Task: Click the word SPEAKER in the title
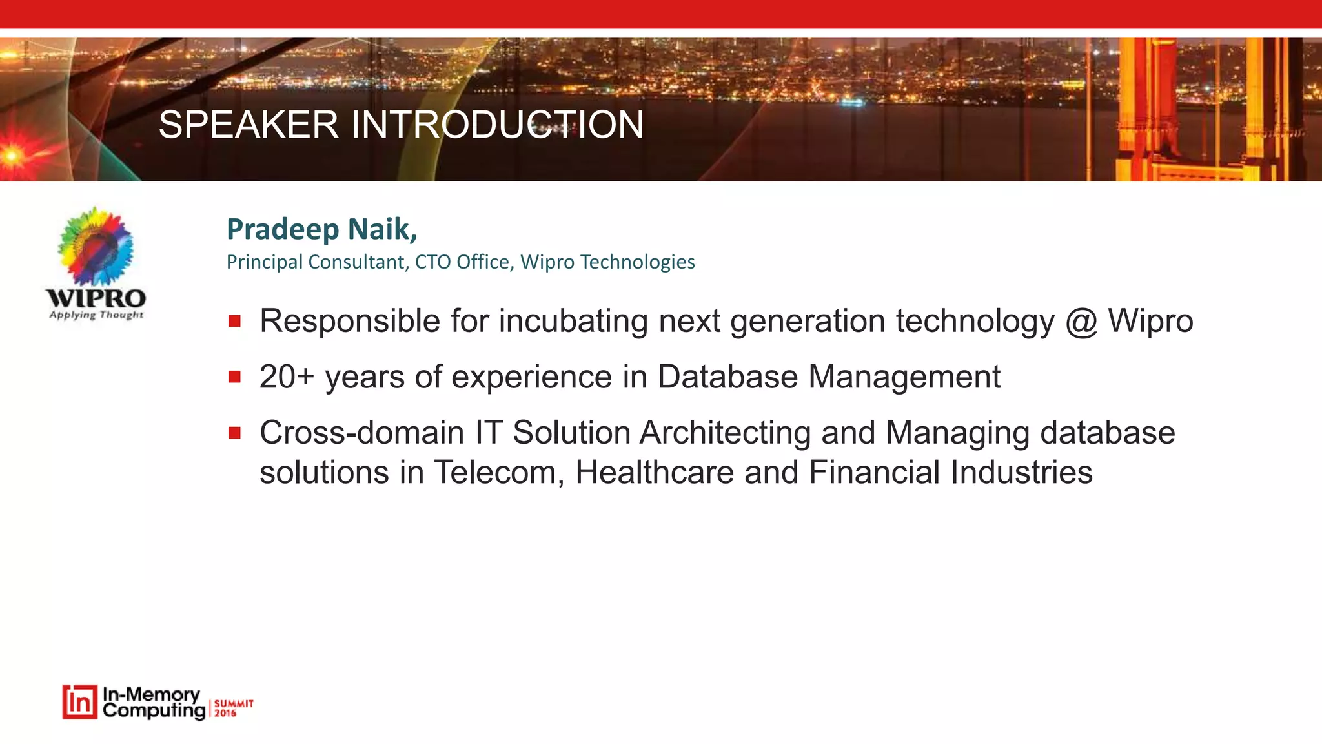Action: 249,124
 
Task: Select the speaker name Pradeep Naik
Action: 321,229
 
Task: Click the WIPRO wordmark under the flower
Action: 96,298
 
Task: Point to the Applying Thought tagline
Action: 96,315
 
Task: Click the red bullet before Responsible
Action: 234,321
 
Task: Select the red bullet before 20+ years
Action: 234,377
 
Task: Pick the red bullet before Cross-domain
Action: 234,433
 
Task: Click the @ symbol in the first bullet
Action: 1081,322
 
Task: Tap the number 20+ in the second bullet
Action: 286,377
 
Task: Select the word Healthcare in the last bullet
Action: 654,472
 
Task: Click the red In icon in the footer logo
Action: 79,702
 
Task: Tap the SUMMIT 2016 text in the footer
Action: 233,708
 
